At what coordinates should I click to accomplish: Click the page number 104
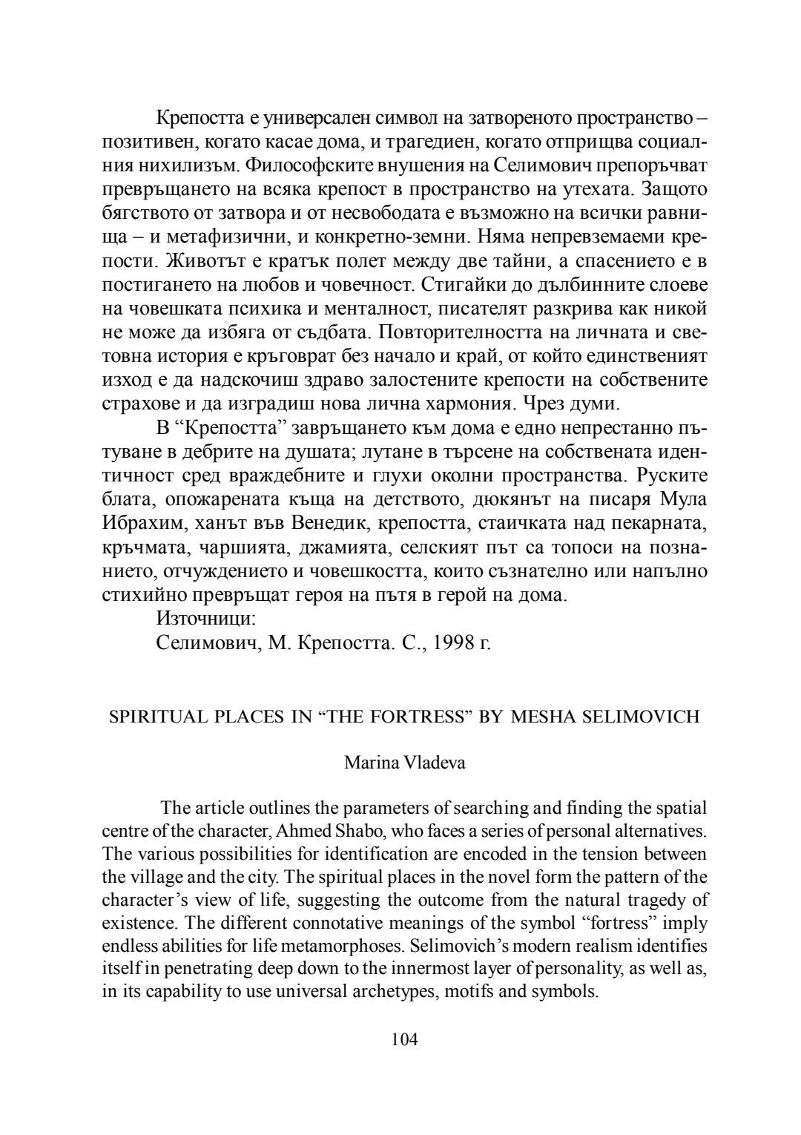[404, 1039]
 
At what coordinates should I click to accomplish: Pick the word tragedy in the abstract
[647, 900]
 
